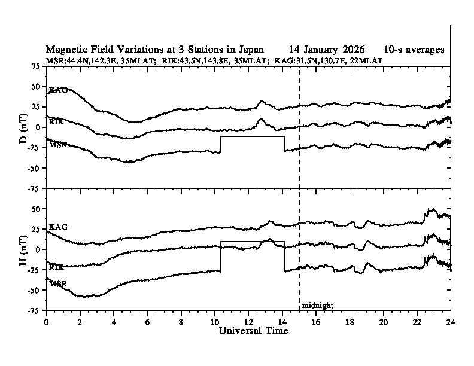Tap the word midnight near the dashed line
click(317, 306)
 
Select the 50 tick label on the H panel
click(35, 209)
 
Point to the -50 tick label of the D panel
click(33, 168)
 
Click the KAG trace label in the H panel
click(58, 227)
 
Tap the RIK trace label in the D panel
click(56, 121)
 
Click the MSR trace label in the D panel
click(58, 144)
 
